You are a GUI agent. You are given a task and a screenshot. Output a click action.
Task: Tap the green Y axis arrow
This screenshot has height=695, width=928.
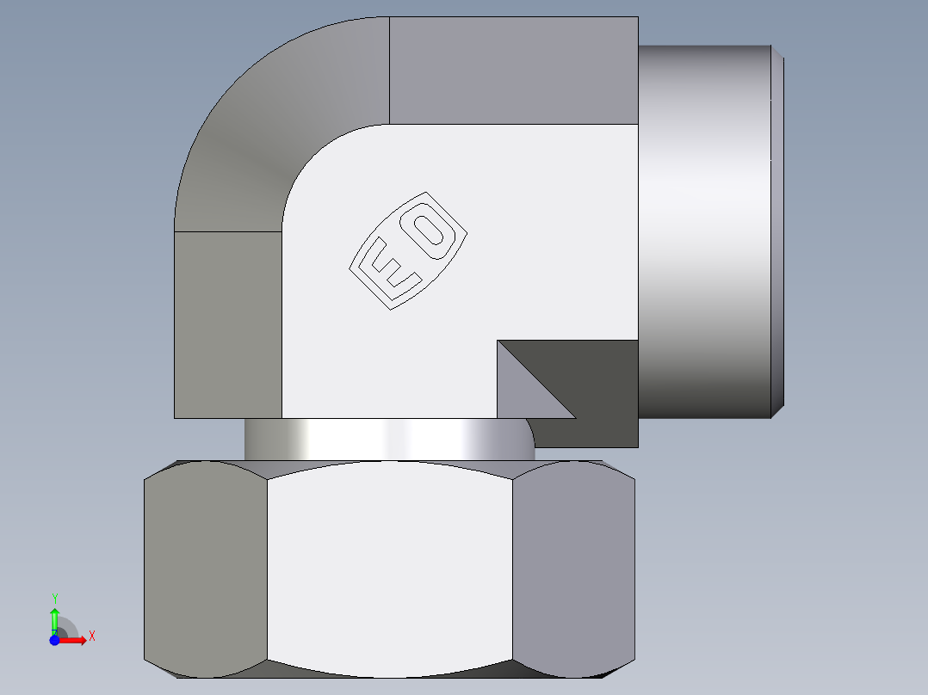54,618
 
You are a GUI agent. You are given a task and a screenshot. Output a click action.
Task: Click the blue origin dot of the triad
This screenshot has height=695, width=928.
54,640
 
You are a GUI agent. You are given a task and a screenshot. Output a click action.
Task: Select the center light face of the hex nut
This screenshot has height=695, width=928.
389,568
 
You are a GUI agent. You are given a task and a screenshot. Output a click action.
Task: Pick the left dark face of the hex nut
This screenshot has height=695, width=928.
205,568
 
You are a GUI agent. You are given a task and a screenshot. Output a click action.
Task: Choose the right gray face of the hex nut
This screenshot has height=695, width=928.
572,568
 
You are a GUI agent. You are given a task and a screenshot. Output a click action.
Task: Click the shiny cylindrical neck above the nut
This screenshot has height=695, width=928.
387,439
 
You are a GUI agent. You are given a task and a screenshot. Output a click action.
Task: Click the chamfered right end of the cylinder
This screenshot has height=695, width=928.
777,232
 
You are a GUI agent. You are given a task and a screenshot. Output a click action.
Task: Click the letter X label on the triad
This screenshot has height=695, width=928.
91,637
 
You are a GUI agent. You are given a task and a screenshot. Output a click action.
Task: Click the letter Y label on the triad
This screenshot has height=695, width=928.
54,598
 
